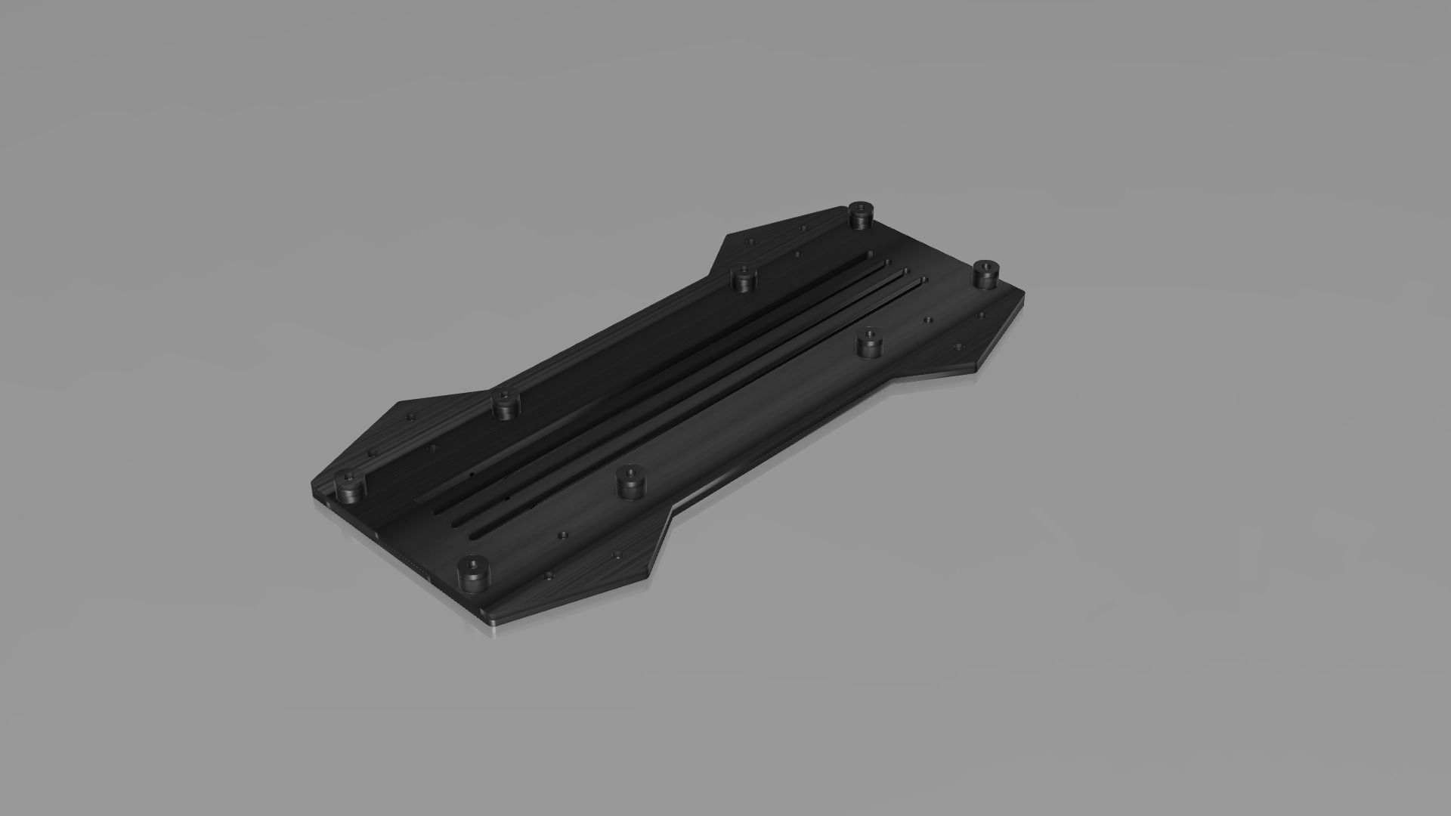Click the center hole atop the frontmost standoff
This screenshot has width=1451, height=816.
pyautogui.click(x=472, y=564)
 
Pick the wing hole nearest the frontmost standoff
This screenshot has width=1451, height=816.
pyautogui.click(x=548, y=576)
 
